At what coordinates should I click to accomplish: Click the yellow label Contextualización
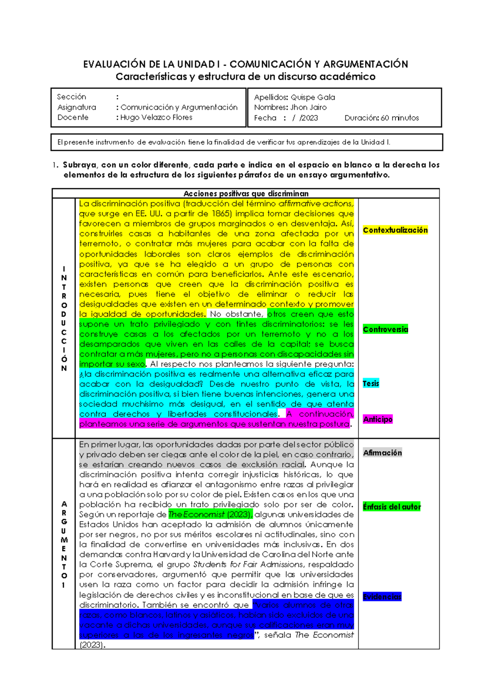395,230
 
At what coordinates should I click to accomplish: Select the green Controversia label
385,329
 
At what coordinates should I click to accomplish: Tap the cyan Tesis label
371,384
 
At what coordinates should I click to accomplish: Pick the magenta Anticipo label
377,419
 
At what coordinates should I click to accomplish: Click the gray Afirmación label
382,453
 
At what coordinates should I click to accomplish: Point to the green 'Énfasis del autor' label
392,507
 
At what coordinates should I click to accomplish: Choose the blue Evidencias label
382,597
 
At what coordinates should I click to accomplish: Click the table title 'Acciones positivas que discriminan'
246,193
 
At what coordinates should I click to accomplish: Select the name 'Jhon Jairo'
308,107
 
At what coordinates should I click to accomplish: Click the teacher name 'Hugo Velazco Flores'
156,117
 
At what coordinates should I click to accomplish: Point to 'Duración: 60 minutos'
382,118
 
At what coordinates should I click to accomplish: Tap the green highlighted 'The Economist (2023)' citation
210,515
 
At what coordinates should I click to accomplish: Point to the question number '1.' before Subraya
55,165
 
